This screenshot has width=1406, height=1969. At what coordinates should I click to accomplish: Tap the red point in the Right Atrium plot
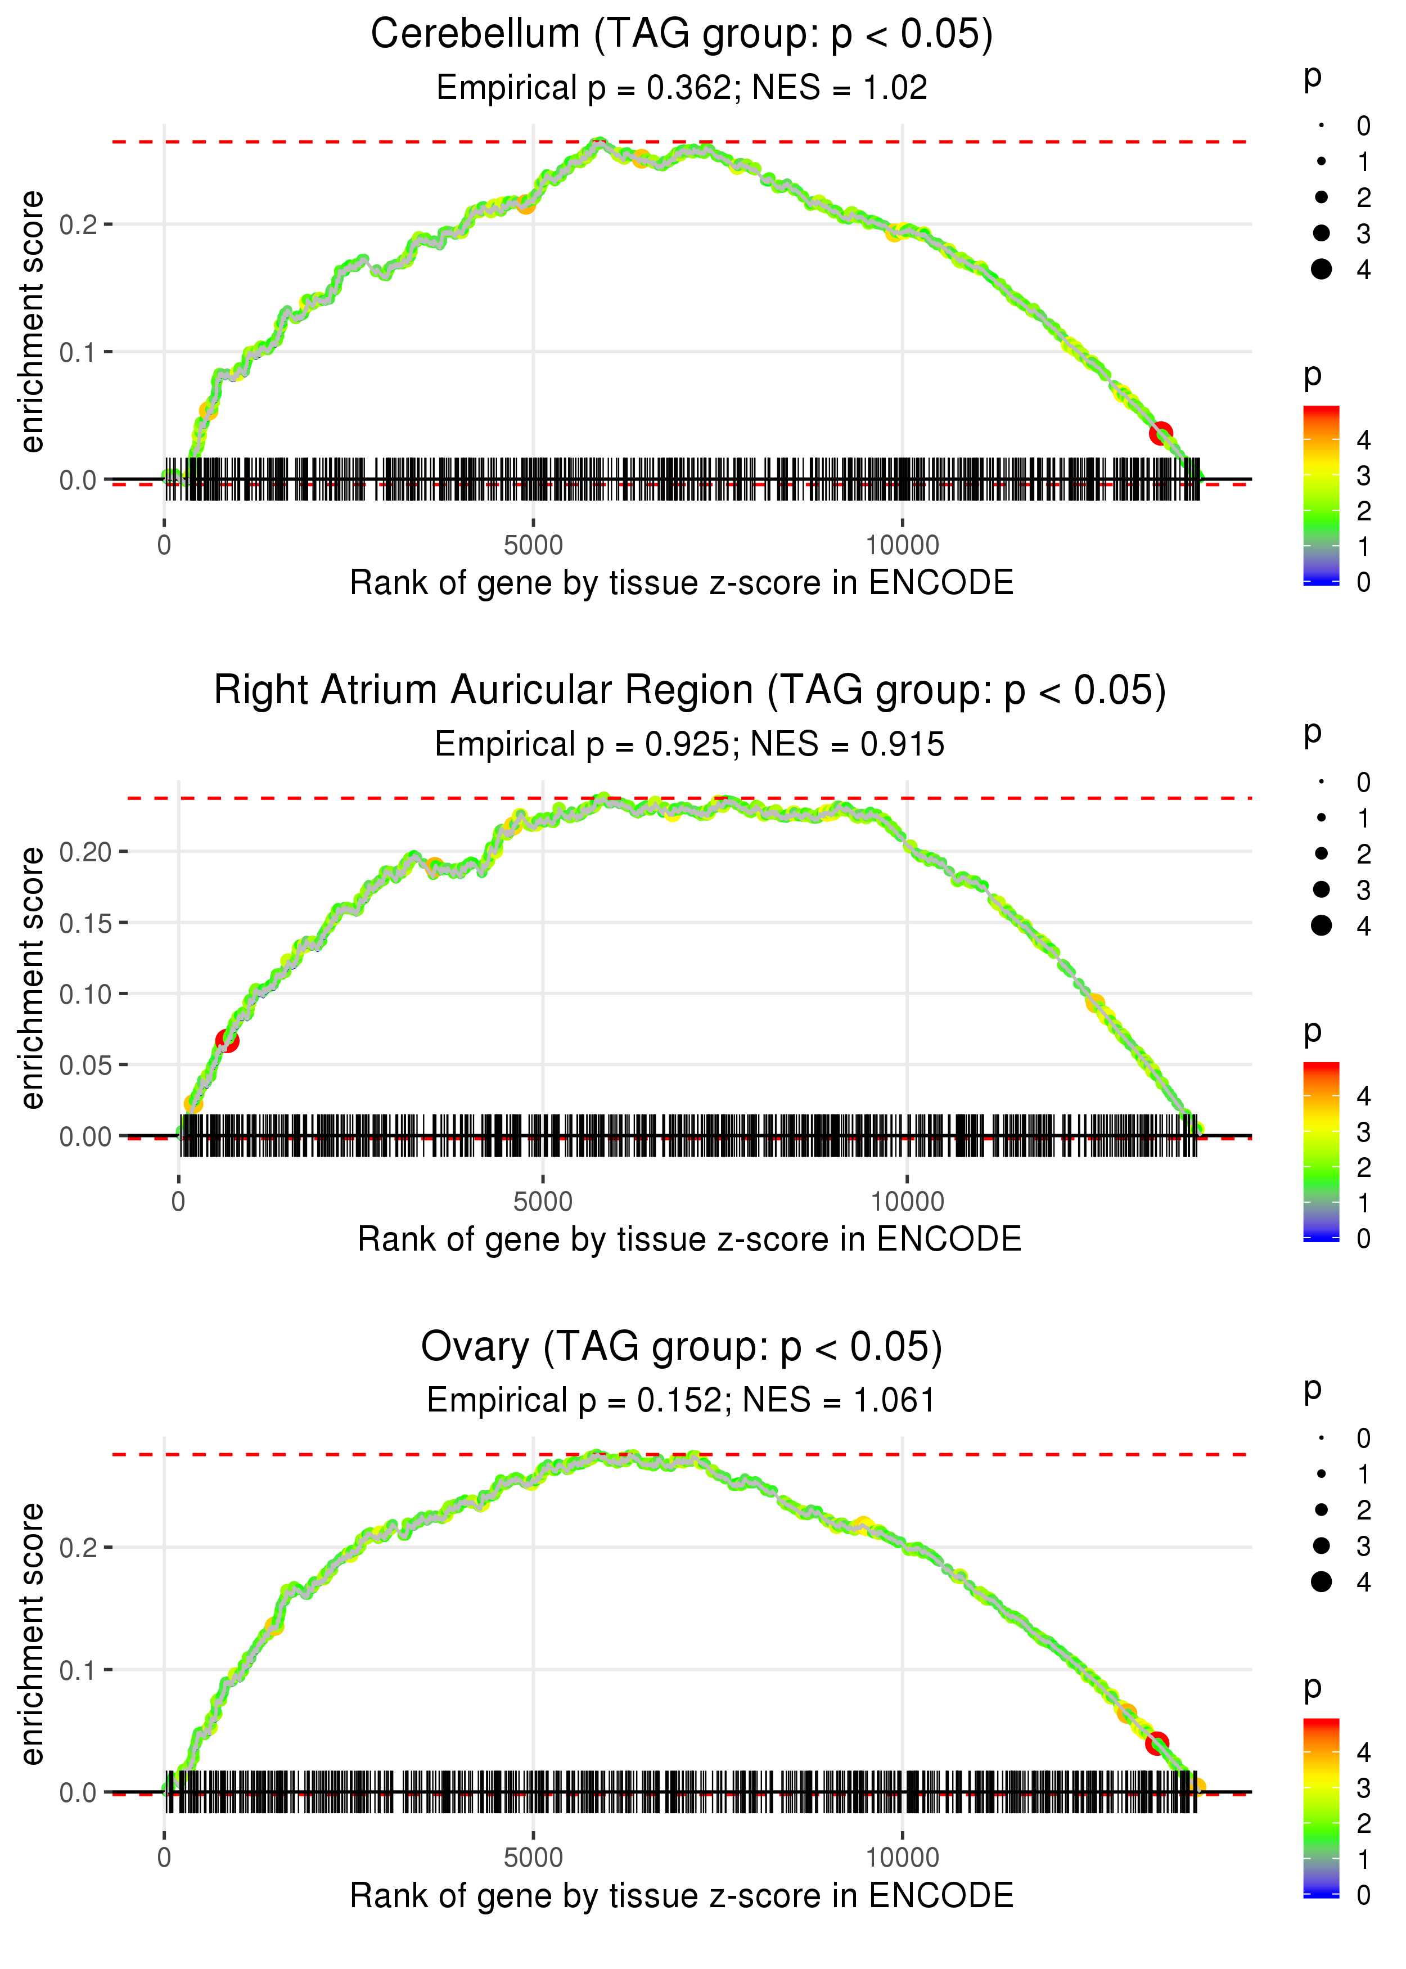(227, 1040)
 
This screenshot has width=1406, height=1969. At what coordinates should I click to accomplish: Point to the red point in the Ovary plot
(1157, 1742)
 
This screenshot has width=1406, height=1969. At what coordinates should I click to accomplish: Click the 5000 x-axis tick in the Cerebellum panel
(533, 546)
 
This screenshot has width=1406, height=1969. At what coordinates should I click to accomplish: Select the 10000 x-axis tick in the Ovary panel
(902, 1857)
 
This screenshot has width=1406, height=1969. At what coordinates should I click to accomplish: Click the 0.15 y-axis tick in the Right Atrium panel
(85, 923)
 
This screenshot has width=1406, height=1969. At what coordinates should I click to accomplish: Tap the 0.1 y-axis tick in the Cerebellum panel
(78, 352)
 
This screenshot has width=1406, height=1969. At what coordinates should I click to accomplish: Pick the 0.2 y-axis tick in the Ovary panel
(78, 1547)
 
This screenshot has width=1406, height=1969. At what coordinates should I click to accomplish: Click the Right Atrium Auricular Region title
(690, 691)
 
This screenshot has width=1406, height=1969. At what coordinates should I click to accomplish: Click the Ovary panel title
(682, 1347)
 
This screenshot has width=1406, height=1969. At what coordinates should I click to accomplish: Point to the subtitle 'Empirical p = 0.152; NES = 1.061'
(682, 1400)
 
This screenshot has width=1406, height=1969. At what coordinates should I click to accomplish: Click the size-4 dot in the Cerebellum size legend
(1321, 269)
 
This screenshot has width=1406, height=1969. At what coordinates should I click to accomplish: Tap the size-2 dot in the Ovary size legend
(1321, 1510)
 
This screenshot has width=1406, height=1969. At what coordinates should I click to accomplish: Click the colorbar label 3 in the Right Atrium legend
(1364, 1132)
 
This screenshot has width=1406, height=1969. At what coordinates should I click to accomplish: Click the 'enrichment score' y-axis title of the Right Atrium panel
(32, 978)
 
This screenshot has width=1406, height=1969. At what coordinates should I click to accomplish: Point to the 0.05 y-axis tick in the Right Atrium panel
(85, 1065)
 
